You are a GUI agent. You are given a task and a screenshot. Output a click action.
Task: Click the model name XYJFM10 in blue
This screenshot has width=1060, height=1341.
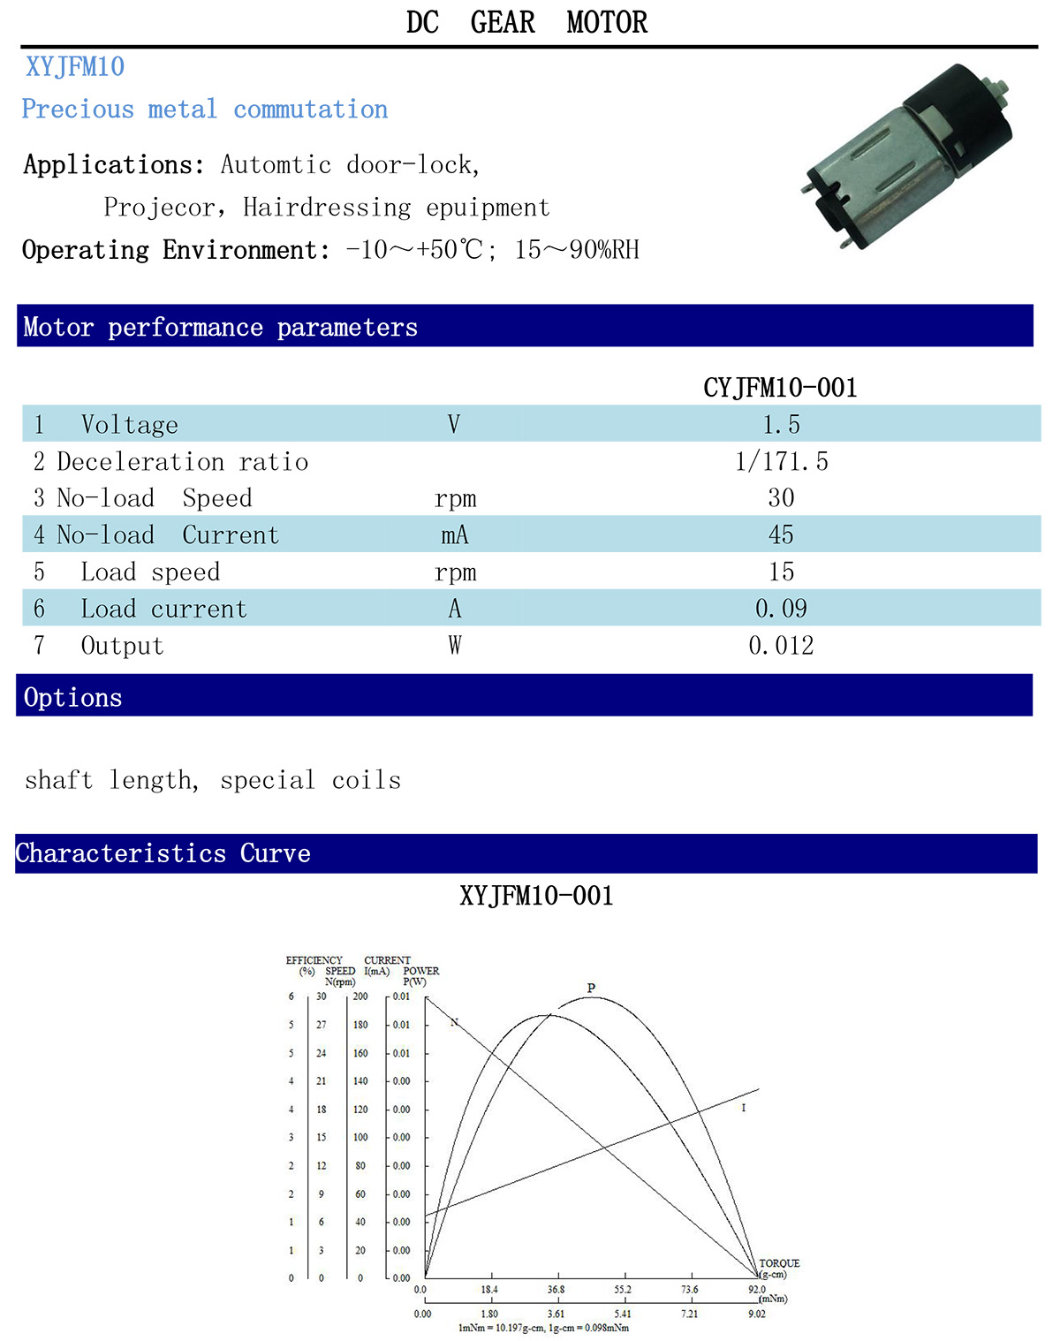[x=75, y=66]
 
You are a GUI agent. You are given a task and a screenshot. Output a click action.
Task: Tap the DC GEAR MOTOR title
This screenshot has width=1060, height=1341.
[x=527, y=22]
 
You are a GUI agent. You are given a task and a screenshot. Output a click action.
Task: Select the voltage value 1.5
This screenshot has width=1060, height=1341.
[x=782, y=424]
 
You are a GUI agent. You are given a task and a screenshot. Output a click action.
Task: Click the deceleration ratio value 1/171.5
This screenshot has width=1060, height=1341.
[x=782, y=461]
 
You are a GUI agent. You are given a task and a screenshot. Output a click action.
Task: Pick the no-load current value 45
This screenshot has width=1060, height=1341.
[x=781, y=534]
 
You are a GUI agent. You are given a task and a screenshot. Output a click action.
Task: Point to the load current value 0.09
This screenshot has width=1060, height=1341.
[x=781, y=608]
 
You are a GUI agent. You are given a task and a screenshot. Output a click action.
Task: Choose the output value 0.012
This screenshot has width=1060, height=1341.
[x=781, y=646]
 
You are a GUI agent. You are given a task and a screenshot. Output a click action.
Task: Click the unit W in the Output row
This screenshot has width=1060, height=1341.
[x=455, y=646]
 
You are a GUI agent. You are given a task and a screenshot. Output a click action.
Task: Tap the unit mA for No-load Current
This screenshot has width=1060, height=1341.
[x=455, y=534]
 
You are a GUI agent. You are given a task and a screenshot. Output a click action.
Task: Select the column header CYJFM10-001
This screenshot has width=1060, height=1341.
[x=780, y=388]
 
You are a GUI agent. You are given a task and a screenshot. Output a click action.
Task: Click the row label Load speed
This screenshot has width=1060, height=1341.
[x=151, y=572]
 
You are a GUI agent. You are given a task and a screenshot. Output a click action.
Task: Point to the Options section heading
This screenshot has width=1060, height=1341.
[x=73, y=697]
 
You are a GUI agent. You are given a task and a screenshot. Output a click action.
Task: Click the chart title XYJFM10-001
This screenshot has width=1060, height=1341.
[x=536, y=896]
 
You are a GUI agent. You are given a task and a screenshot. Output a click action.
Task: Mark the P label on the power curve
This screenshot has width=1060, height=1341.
[x=591, y=988]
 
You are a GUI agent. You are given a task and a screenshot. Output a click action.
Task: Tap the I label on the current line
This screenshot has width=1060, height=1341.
[x=744, y=1107]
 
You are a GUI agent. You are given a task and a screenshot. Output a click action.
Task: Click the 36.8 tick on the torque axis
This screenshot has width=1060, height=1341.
[x=556, y=1289]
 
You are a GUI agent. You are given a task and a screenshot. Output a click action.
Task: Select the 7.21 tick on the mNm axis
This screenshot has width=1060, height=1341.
[x=689, y=1314]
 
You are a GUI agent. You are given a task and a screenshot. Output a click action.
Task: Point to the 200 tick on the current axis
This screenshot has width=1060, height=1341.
[x=360, y=996]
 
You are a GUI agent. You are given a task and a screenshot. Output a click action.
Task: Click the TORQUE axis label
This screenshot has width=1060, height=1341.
[x=779, y=1263]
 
